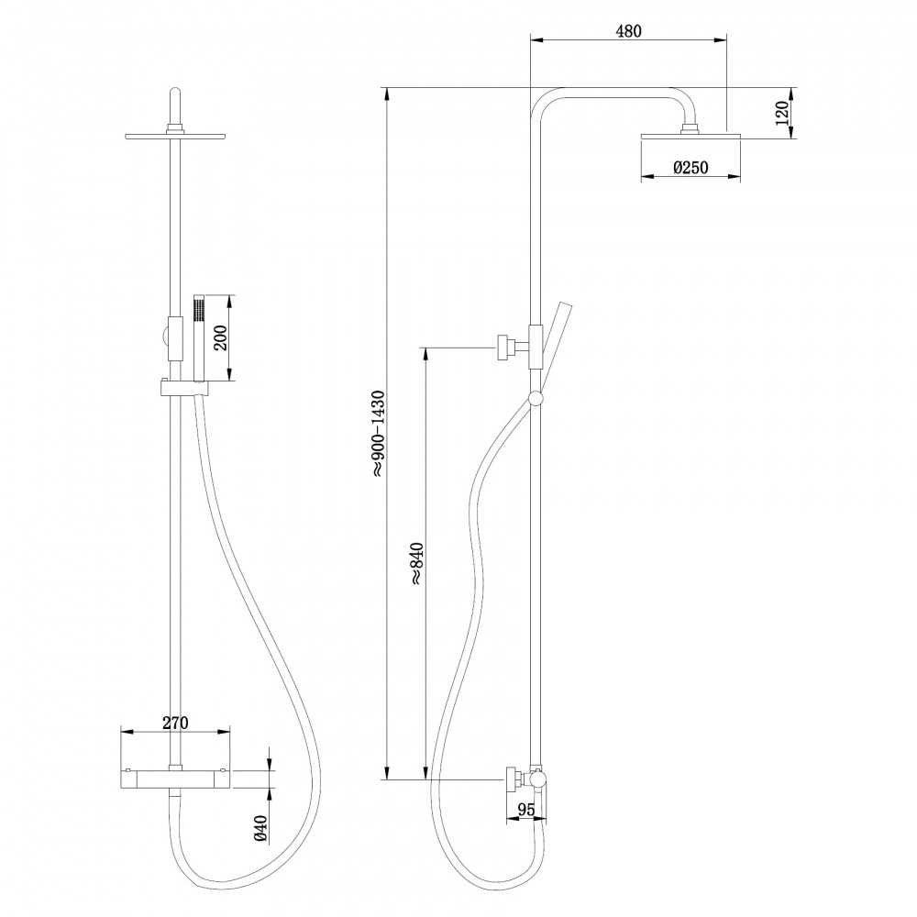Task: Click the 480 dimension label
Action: pyautogui.click(x=627, y=31)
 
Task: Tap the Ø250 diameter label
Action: pyautogui.click(x=689, y=168)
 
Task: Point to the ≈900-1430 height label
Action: pyautogui.click(x=378, y=432)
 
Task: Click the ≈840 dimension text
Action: pyautogui.click(x=415, y=563)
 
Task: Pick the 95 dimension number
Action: pyautogui.click(x=526, y=809)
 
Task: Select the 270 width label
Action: pyautogui.click(x=174, y=723)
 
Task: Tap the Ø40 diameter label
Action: pyautogui.click(x=260, y=827)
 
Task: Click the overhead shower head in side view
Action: pyautogui.click(x=688, y=137)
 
